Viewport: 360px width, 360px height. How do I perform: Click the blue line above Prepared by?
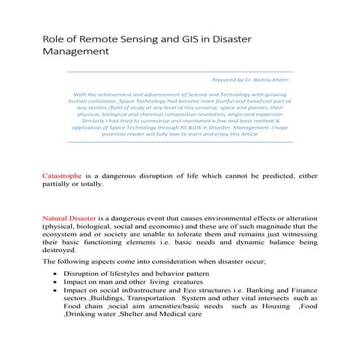click(x=179, y=71)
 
